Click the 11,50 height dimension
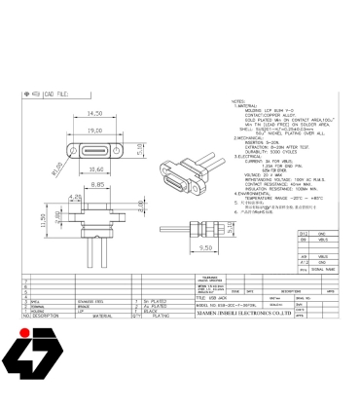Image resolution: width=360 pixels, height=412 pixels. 43,220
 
